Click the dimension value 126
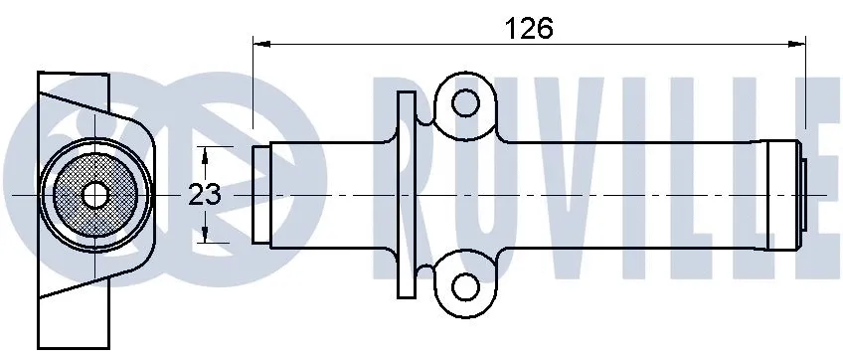click(x=529, y=29)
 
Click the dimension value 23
click(x=205, y=195)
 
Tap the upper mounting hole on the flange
click(x=462, y=101)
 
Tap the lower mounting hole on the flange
click(x=462, y=286)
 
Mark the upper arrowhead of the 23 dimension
click(x=206, y=153)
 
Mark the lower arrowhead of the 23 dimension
click(x=206, y=236)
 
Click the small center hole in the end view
click(x=94, y=194)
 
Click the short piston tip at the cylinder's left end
click(x=260, y=194)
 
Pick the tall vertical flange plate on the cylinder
click(x=405, y=194)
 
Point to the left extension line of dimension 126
click(x=253, y=90)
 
